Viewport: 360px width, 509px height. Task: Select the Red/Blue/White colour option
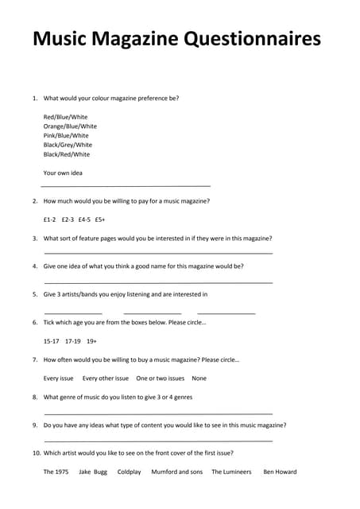coord(65,117)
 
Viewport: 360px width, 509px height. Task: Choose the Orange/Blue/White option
coord(70,126)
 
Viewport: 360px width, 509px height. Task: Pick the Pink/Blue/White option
coord(66,135)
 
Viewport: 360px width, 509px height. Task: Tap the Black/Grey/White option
coord(68,145)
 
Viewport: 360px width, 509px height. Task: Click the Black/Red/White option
coord(67,154)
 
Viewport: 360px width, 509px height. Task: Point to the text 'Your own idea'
coord(63,173)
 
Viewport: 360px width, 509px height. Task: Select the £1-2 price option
coord(49,220)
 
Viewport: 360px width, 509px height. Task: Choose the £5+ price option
coord(100,220)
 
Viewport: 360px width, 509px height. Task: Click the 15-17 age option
coord(51,341)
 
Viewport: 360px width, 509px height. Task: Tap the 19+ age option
coord(92,341)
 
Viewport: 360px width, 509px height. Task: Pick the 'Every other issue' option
coord(106,379)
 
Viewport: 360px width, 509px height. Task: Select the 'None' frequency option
coord(199,379)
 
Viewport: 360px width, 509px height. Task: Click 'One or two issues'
coord(161,379)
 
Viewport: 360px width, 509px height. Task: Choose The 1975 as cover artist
coord(56,472)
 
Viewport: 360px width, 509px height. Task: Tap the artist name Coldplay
coord(129,472)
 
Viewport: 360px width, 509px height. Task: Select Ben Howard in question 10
coord(280,472)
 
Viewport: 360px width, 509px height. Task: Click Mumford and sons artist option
coord(176,472)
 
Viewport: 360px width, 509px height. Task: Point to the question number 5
coord(35,294)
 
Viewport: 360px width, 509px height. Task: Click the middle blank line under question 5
coord(153,313)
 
